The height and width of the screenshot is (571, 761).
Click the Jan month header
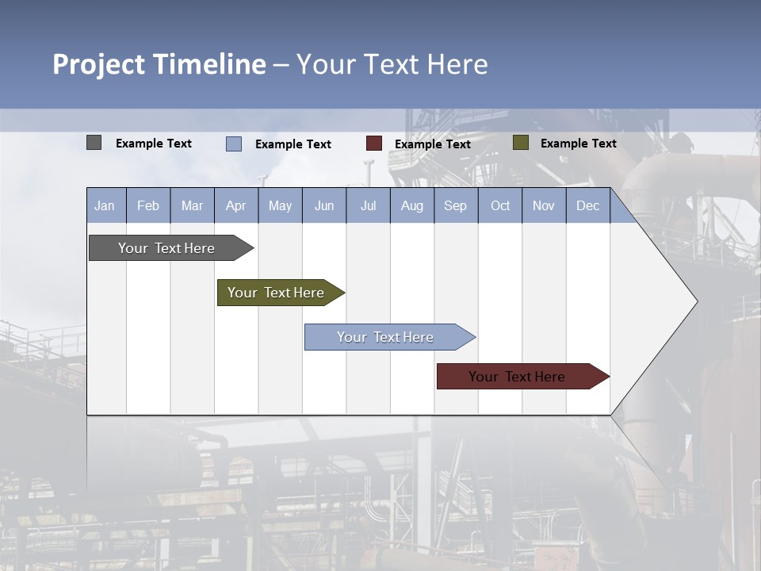tap(105, 205)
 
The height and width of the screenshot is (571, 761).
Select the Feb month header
tap(148, 205)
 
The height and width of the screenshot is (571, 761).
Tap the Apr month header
tap(235, 205)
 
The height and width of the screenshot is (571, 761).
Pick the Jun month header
tap(324, 205)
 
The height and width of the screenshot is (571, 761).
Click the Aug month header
tap(411, 205)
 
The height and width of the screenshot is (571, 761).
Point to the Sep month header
tap(455, 205)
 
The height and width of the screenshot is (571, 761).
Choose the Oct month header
tap(500, 205)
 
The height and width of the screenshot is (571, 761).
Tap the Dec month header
tap(587, 205)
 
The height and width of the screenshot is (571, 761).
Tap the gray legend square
tap(94, 143)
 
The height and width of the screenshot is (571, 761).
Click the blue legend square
tap(233, 144)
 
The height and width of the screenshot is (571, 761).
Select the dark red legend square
tap(373, 144)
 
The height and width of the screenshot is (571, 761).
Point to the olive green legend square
tap(520, 143)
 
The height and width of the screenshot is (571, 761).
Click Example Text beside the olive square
tap(578, 144)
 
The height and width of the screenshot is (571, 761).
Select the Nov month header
tap(543, 205)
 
